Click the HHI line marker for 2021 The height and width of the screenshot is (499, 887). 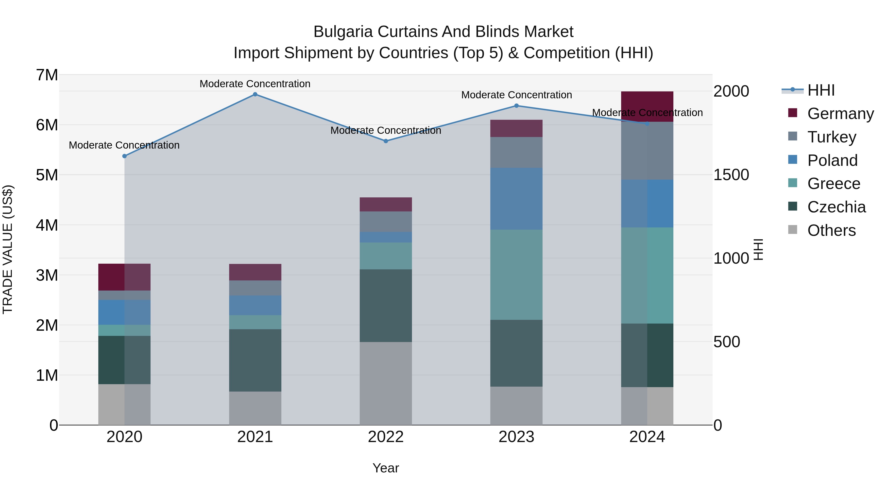pos(255,94)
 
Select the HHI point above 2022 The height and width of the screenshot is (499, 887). pos(386,141)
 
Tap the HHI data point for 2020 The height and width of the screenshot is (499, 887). pos(125,156)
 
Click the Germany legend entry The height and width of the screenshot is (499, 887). pos(840,114)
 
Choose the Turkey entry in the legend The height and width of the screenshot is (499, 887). pos(831,137)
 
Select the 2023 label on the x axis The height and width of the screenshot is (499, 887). pos(516,437)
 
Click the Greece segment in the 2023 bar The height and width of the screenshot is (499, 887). pos(516,275)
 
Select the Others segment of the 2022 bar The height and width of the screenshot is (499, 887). pos(386,383)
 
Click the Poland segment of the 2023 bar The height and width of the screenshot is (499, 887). pos(516,199)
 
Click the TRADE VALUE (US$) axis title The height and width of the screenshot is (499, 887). pos(8,249)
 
